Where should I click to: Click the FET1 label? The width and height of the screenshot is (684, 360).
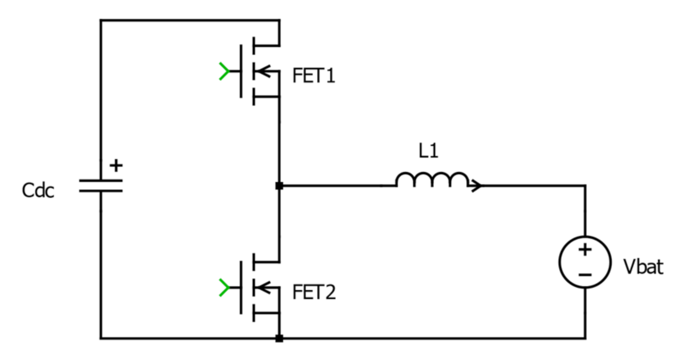tap(313, 76)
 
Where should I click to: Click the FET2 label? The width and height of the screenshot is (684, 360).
tap(314, 292)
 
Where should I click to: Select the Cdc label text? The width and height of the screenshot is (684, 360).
tap(39, 191)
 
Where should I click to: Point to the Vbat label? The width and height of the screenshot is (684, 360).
tap(643, 267)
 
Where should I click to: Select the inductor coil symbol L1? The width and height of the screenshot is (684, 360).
tap(431, 180)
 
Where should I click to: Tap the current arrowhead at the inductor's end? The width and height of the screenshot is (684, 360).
tap(476, 185)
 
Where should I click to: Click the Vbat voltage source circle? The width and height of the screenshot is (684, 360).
tap(585, 262)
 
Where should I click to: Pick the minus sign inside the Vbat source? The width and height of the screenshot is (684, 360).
tap(585, 274)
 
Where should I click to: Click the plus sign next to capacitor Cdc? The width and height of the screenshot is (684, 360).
tap(116, 165)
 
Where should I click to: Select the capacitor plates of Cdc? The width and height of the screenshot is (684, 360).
tap(100, 186)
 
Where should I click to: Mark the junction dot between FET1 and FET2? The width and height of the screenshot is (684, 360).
tap(279, 185)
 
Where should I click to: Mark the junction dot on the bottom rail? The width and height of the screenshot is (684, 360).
tap(279, 338)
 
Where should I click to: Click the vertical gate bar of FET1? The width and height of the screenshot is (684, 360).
tap(241, 71)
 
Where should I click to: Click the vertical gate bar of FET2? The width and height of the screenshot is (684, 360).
tap(241, 288)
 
